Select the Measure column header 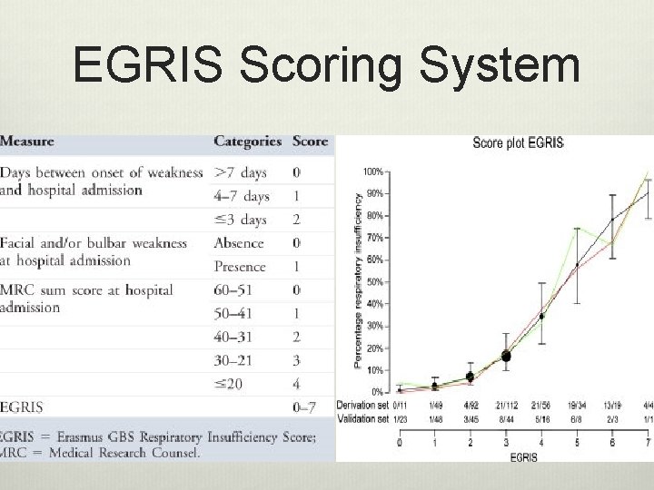(27, 142)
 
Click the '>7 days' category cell (241, 171)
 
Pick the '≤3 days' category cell (241, 220)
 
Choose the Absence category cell (239, 243)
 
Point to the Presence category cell (240, 267)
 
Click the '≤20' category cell (230, 383)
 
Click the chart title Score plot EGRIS (519, 143)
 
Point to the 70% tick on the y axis (372, 238)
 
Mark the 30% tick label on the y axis (372, 326)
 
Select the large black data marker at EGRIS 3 (506, 357)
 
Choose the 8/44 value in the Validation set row (505, 417)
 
